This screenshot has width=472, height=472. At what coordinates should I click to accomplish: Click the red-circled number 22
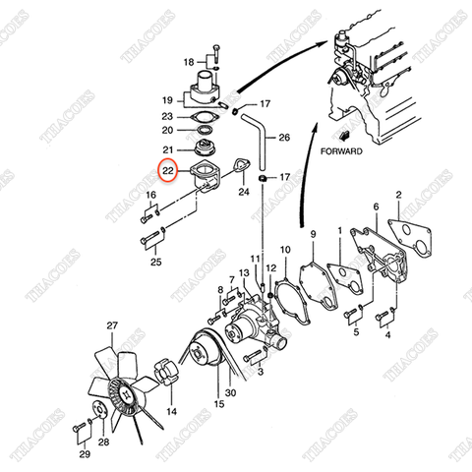click(169, 171)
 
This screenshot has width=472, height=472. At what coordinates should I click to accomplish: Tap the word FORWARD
click(344, 152)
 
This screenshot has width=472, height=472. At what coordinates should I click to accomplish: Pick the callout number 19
click(167, 100)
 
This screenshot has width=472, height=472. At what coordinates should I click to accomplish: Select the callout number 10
click(285, 251)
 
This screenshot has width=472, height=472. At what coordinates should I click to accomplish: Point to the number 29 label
click(85, 454)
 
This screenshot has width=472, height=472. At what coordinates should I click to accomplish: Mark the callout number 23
click(167, 116)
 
